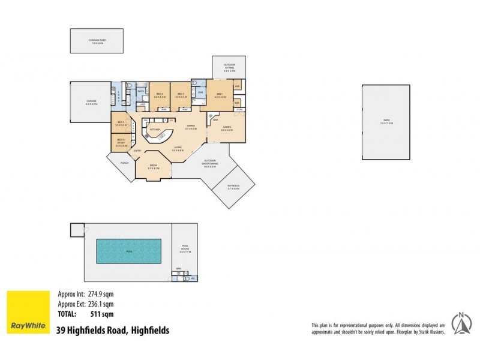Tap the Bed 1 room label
coord(220,94)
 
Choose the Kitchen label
coord(154,129)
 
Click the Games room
coord(227,128)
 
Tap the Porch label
coord(125,163)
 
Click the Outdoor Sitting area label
coord(229,68)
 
